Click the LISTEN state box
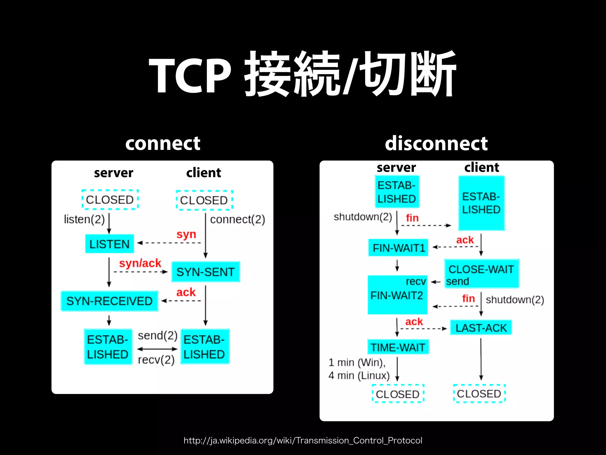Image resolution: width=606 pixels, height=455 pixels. click(109, 244)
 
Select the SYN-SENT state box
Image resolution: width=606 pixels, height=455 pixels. click(206, 272)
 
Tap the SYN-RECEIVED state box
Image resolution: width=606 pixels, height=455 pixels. click(109, 301)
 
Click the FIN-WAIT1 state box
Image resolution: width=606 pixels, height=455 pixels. click(398, 248)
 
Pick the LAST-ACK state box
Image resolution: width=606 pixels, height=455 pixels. click(481, 328)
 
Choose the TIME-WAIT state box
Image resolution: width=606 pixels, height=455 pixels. click(398, 347)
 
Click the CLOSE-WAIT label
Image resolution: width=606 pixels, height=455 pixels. click(481, 269)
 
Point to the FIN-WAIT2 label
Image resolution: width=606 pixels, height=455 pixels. click(397, 295)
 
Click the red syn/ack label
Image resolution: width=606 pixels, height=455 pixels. click(140, 263)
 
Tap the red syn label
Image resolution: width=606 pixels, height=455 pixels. click(186, 234)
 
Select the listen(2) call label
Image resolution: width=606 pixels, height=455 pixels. click(84, 220)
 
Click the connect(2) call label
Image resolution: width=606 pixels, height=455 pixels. click(237, 220)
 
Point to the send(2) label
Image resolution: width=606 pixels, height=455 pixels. click(157, 336)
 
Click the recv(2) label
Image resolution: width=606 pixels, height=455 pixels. click(156, 360)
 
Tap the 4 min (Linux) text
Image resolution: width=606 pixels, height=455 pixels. click(359, 376)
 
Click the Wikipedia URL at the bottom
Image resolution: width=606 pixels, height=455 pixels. click(303, 440)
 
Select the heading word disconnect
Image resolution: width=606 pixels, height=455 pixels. click(436, 143)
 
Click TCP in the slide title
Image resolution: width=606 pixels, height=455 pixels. click(190, 76)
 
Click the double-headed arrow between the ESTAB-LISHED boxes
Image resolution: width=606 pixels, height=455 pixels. click(157, 349)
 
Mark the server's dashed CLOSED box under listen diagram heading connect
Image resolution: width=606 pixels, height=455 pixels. click(110, 200)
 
